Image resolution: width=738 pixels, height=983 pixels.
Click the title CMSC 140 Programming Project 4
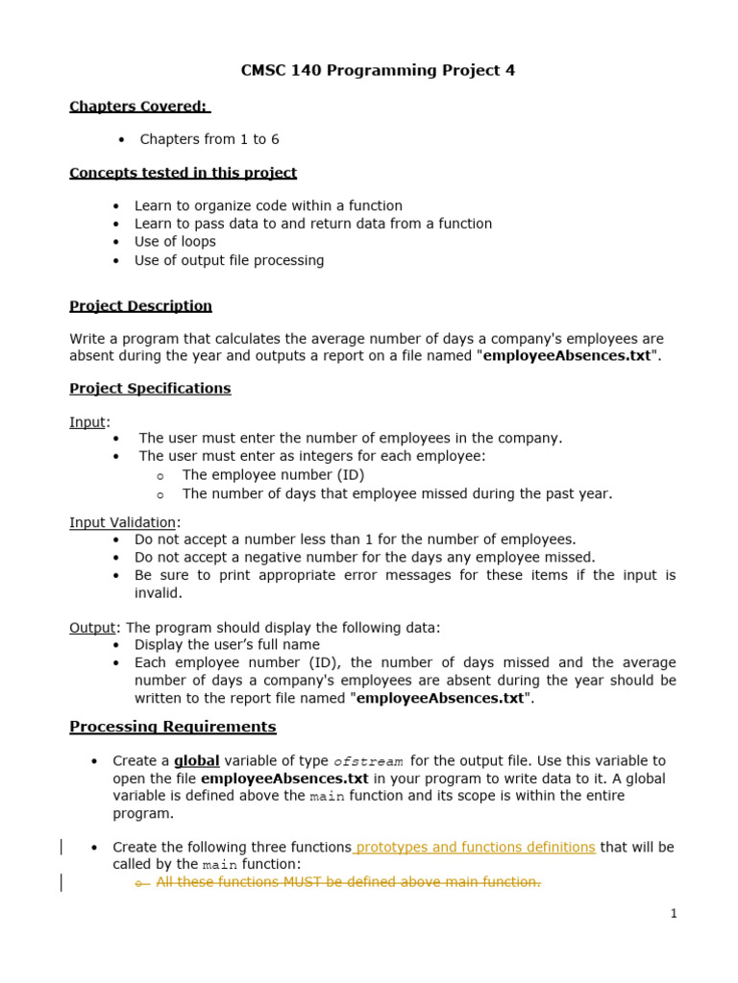[377, 71]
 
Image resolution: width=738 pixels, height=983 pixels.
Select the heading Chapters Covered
[139, 107]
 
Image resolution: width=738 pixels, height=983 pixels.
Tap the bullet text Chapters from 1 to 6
[209, 139]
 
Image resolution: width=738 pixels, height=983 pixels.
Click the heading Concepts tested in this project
[183, 173]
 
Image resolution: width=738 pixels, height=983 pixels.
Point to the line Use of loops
[175, 242]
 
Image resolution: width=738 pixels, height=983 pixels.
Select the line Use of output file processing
[229, 260]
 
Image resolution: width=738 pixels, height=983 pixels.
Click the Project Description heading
[140, 306]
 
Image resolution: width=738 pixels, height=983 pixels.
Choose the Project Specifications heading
[150, 389]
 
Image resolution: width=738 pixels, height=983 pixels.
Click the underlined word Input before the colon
[87, 422]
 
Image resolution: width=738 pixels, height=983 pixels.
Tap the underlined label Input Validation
[122, 522]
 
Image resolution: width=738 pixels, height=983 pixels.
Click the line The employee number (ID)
[273, 475]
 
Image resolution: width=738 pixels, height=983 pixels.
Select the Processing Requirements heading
[172, 727]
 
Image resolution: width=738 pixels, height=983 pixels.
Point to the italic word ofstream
[368, 761]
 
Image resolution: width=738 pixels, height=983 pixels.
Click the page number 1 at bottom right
[674, 914]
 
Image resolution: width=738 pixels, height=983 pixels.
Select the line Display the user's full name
[227, 645]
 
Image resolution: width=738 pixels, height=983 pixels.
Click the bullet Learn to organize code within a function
[268, 205]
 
